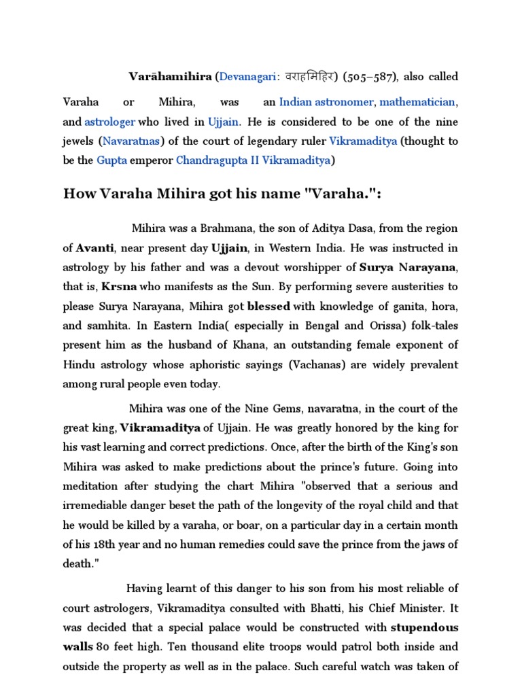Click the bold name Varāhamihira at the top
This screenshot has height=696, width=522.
(x=171, y=77)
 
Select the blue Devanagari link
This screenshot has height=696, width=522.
(x=248, y=77)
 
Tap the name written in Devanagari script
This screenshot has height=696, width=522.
(x=309, y=77)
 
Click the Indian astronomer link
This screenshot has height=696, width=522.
(x=328, y=102)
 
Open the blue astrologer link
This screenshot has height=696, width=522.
(x=109, y=122)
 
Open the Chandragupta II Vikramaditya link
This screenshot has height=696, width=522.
(x=254, y=161)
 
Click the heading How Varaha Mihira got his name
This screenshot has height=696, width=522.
(x=222, y=194)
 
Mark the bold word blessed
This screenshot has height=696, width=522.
(x=268, y=307)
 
